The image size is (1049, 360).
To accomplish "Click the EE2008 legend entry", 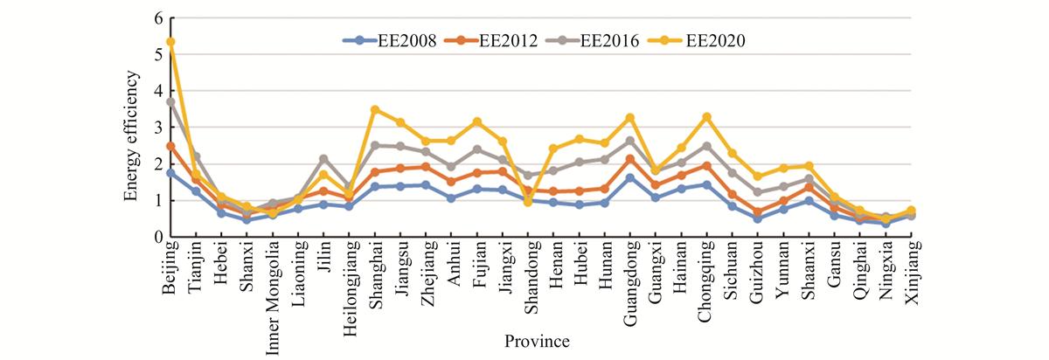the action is tap(389, 41).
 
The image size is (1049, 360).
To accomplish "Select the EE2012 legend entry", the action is tap(491, 41).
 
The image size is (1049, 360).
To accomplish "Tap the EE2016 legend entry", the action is tap(593, 41).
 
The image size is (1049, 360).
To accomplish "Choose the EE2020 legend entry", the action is tap(697, 41).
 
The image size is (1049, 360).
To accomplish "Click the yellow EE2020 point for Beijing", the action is tap(171, 42).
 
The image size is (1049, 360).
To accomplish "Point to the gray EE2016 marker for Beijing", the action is tap(171, 101).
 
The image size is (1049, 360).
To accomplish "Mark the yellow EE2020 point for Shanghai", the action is tap(375, 109).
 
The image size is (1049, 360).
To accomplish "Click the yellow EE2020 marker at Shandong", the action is tap(528, 202).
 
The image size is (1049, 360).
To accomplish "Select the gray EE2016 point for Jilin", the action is tap(323, 159).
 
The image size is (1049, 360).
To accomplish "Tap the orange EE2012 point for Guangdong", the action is tap(630, 160).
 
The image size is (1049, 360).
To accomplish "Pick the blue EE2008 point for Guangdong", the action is tap(630, 178).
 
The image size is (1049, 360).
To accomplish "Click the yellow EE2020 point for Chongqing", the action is tap(707, 116).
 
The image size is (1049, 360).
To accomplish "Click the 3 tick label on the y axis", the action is tap(158, 128).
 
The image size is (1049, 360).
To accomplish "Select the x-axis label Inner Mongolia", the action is tap(273, 298).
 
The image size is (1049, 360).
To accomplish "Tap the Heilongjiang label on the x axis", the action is tap(350, 288).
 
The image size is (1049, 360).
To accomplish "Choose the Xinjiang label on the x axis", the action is tap(913, 273).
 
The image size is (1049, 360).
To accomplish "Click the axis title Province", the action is tap(537, 342).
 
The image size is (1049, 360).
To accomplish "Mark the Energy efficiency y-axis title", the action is tap(132, 135).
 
